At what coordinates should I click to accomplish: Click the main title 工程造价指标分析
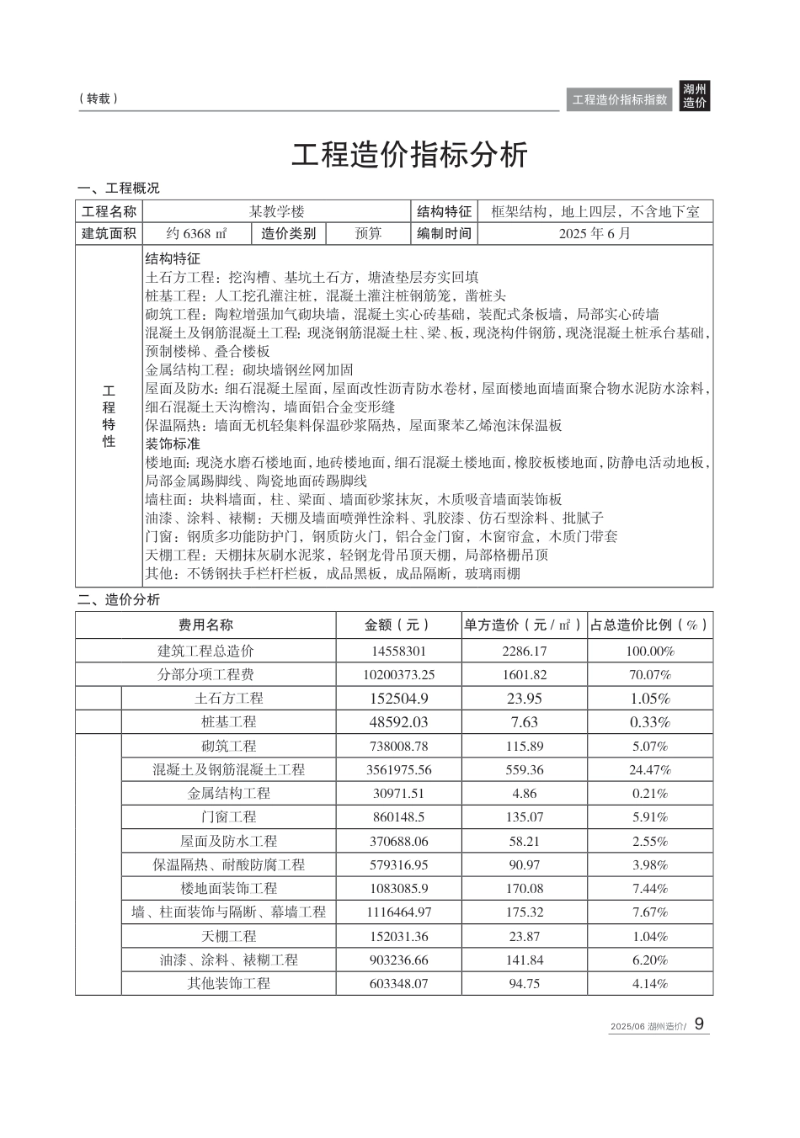click(410, 155)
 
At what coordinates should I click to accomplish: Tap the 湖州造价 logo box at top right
click(695, 97)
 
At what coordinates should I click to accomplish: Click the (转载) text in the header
click(99, 98)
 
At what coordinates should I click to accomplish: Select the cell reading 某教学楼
click(276, 211)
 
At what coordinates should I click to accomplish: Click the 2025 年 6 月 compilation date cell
click(595, 233)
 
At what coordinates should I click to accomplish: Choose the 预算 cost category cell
click(368, 233)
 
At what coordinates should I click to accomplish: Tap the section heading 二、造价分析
click(118, 599)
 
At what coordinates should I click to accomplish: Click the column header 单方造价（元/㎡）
click(523, 625)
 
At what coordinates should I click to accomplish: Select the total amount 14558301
click(399, 651)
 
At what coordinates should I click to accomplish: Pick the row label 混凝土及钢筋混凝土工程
click(228, 769)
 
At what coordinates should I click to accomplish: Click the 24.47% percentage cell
click(649, 769)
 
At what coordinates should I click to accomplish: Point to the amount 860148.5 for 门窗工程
click(399, 816)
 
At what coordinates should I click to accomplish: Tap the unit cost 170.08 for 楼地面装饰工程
click(524, 888)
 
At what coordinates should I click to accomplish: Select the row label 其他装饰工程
click(228, 983)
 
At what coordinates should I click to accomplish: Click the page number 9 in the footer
click(699, 1024)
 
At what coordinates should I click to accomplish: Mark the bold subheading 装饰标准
click(173, 444)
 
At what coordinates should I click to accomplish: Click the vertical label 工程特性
click(109, 417)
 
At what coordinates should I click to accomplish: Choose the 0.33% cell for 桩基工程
click(649, 722)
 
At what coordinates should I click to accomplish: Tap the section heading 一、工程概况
click(118, 188)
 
